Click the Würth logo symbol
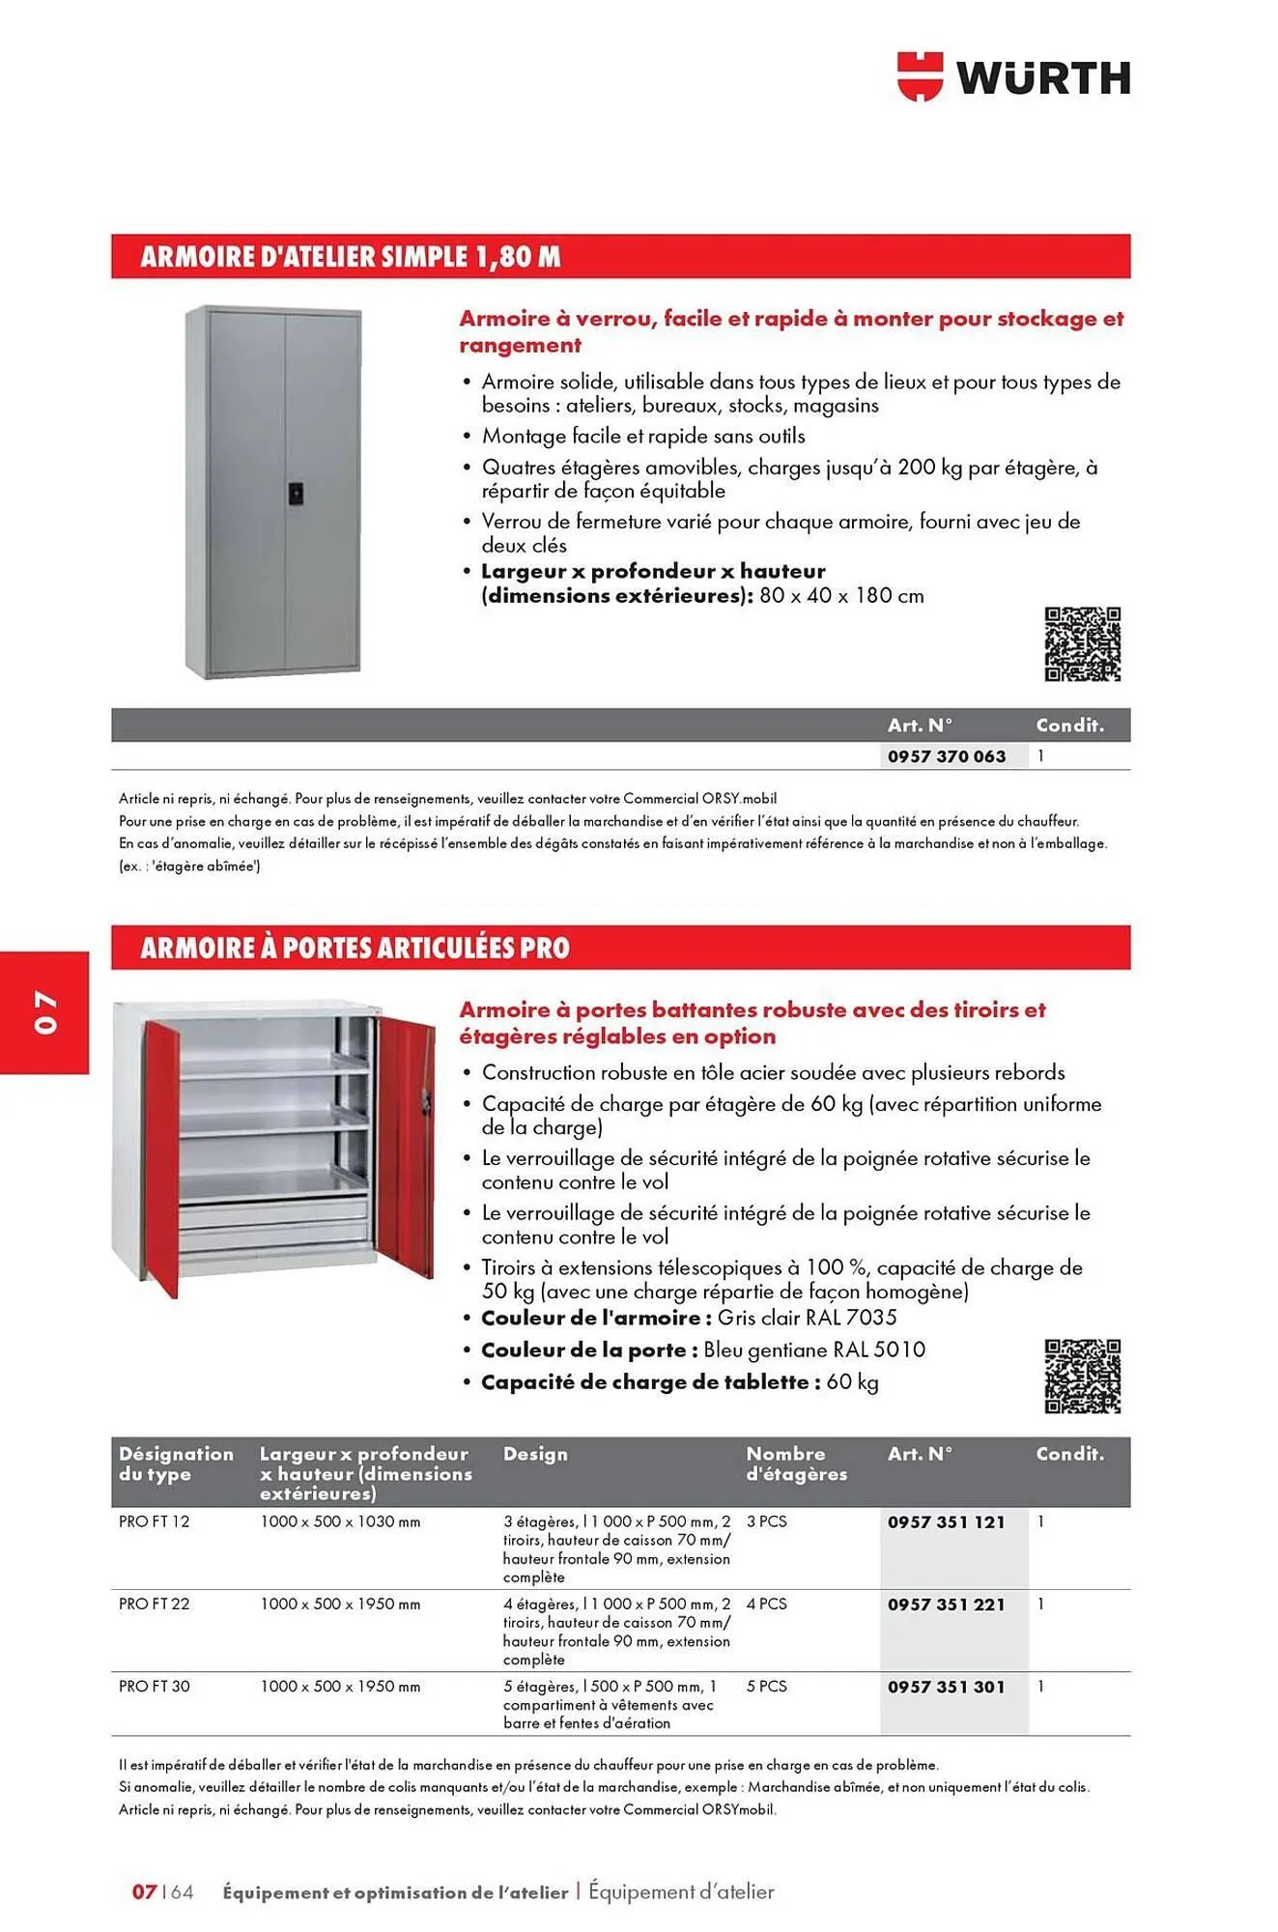(920, 76)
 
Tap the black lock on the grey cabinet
(296, 491)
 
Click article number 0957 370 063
(946, 756)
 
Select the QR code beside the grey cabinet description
(1082, 644)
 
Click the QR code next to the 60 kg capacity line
(1082, 1376)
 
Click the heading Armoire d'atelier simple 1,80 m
(350, 257)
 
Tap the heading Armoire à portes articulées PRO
(355, 948)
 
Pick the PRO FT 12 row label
(154, 1521)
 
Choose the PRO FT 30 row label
(154, 1686)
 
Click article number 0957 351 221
(946, 1605)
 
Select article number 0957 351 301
(946, 1687)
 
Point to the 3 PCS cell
(766, 1521)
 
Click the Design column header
(535, 1454)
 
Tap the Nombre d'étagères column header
(796, 1463)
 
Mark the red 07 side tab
(44, 1011)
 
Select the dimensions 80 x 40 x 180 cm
(841, 596)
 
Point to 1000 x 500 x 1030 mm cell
(340, 1521)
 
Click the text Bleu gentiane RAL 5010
(813, 1350)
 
